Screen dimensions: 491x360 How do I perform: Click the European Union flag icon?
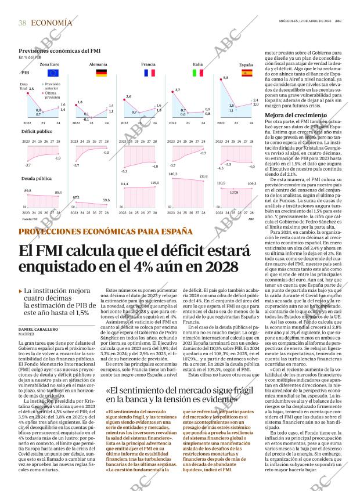pyautogui.click(x=53, y=73)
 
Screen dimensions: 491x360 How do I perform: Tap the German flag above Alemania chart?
pyautogui.click(x=101, y=73)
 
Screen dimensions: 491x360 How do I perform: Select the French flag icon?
pyautogui.click(x=149, y=73)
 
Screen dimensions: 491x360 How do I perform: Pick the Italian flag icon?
pyautogui.click(x=198, y=73)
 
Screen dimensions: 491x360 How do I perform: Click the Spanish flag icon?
pyautogui.click(x=246, y=73)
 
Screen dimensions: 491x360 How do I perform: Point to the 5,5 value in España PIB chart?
pyautogui.click(x=226, y=78)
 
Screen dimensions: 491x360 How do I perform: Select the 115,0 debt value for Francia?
pyautogui.click(x=154, y=183)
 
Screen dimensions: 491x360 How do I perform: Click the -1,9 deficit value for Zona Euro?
pyautogui.click(x=57, y=158)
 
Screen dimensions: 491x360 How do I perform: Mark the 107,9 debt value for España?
pyautogui.click(x=235, y=192)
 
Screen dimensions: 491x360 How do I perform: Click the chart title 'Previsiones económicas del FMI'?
pyautogui.click(x=54, y=51)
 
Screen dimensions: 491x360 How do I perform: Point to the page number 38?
pyautogui.click(x=22, y=23)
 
